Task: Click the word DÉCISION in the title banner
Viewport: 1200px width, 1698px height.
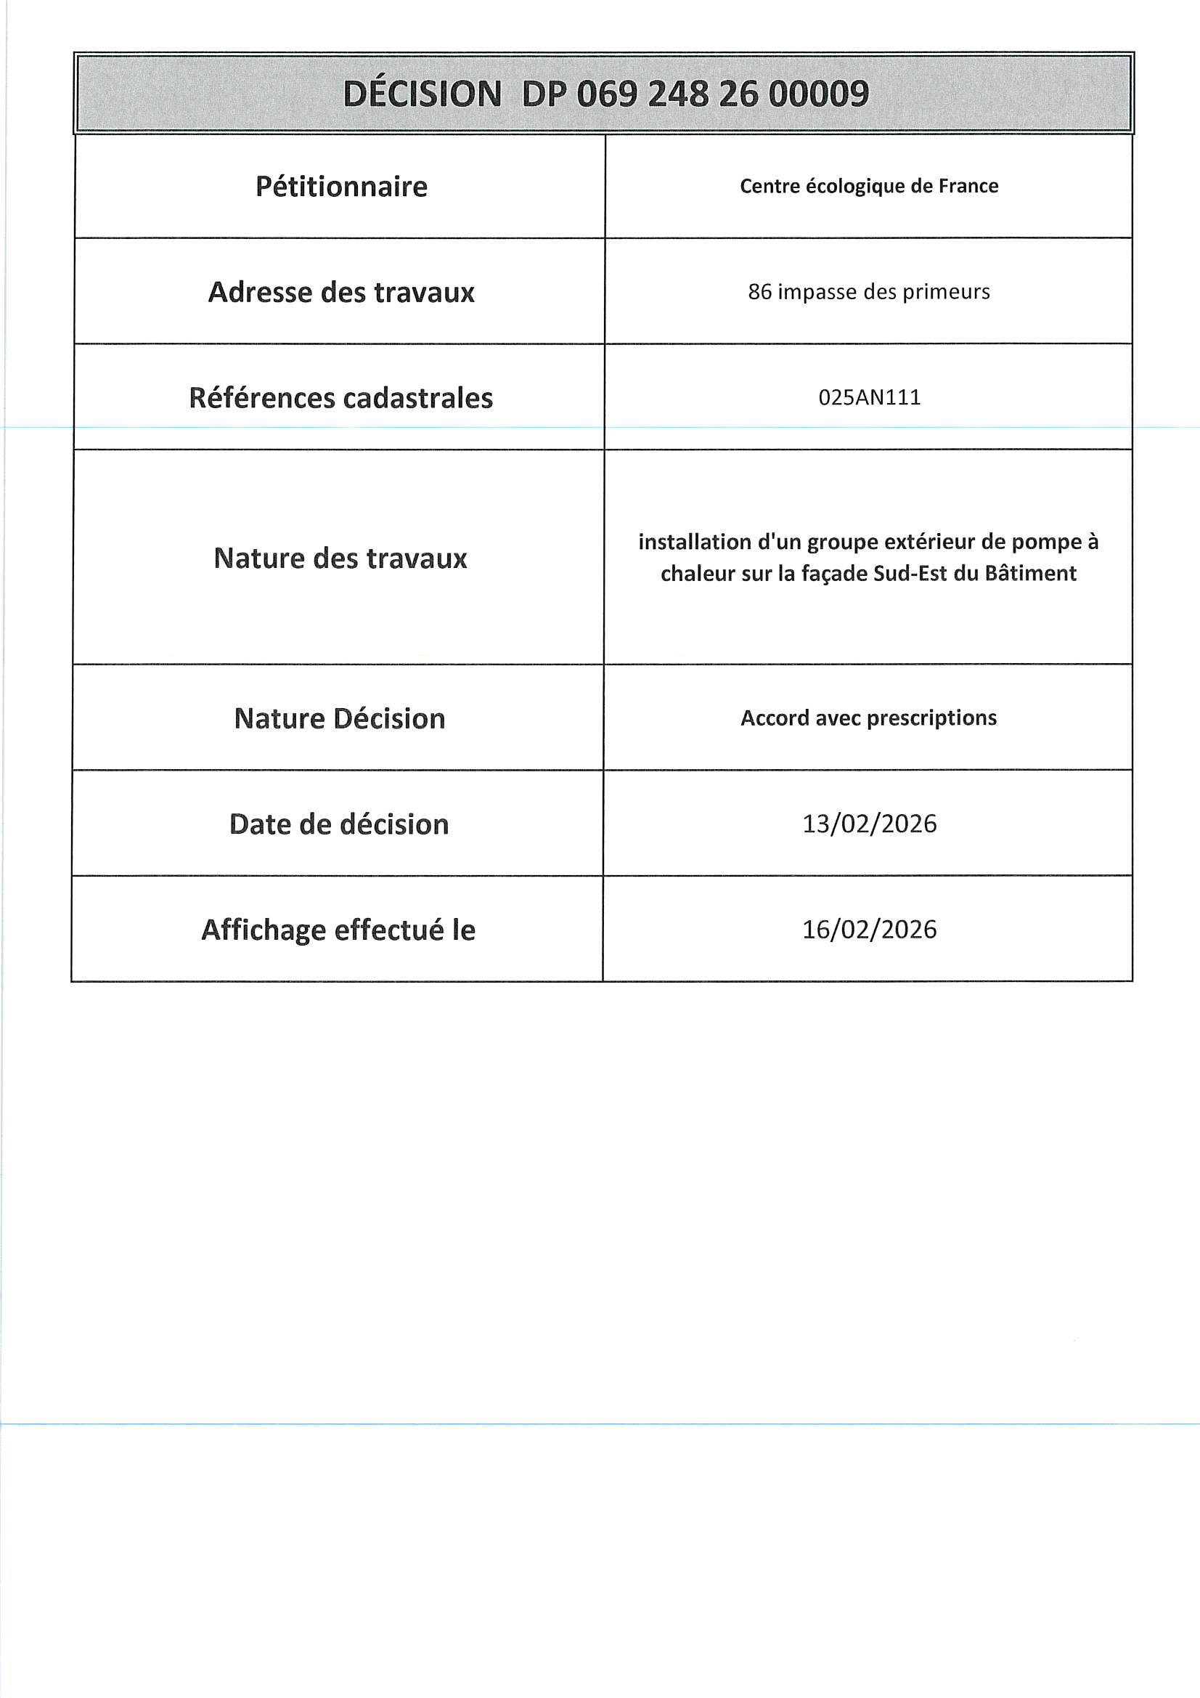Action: (x=423, y=94)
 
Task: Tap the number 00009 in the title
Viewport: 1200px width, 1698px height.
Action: (x=818, y=94)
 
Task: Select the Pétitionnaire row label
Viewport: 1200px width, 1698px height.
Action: (x=341, y=187)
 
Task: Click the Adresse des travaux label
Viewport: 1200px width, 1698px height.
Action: (x=341, y=292)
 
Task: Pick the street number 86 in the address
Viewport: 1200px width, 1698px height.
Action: (x=759, y=292)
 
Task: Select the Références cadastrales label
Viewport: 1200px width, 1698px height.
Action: (x=341, y=398)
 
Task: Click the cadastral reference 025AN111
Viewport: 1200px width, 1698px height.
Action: (x=870, y=398)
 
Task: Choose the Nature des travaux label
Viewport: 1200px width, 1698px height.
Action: (x=340, y=558)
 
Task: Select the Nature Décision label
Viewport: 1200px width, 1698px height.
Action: (x=339, y=719)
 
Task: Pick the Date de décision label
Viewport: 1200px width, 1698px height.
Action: (x=338, y=824)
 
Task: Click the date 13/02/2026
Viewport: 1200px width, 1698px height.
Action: (x=870, y=824)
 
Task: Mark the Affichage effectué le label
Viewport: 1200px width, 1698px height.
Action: (x=338, y=930)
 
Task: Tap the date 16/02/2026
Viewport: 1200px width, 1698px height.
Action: (x=870, y=930)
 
